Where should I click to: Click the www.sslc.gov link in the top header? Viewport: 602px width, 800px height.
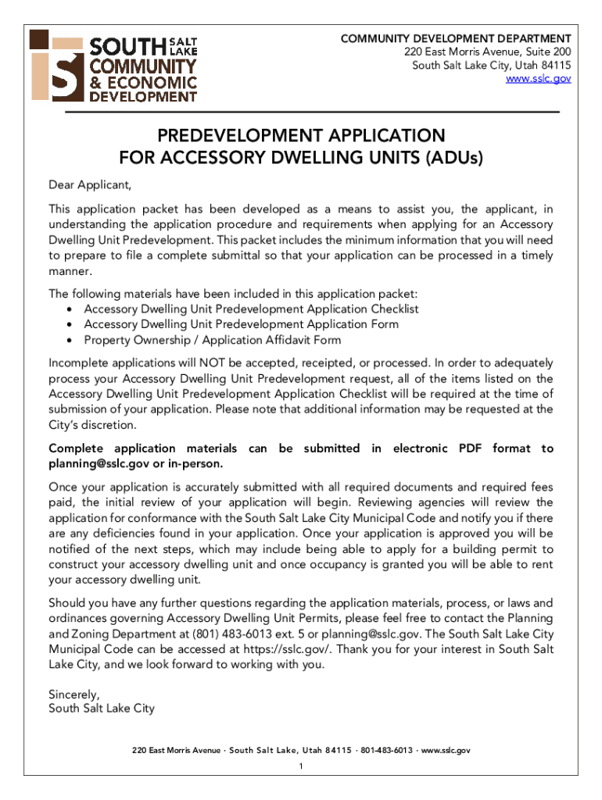[x=539, y=79]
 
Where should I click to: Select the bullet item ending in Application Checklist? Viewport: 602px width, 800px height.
[x=251, y=309]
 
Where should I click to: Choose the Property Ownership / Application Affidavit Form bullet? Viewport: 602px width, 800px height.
[x=212, y=340]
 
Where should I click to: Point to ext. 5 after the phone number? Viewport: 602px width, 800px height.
[x=303, y=634]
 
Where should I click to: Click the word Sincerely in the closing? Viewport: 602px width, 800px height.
[x=73, y=694]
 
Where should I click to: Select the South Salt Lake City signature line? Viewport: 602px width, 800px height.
[x=102, y=709]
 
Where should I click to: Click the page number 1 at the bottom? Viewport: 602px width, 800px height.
[x=301, y=766]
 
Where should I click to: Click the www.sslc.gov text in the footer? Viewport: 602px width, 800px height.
[x=445, y=750]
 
